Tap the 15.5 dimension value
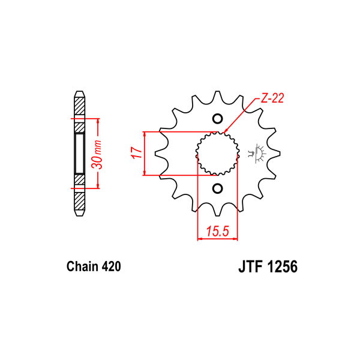click(218, 230)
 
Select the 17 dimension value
click(136, 154)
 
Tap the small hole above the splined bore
click(218, 118)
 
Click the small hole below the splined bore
click(218, 190)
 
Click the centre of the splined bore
click(218, 154)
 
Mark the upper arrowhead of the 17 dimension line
click(145, 133)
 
